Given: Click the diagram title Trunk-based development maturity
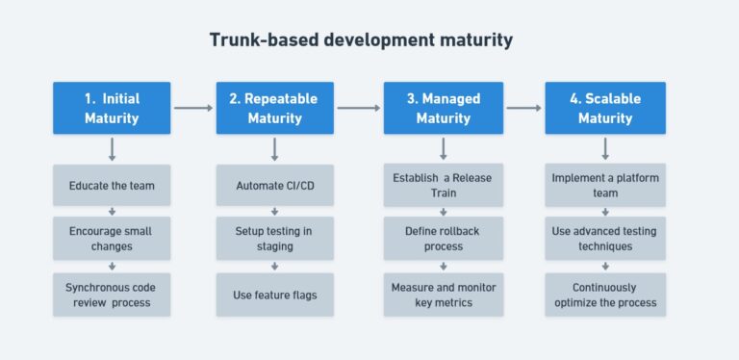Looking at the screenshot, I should [361, 40].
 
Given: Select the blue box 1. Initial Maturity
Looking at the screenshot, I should [112, 108].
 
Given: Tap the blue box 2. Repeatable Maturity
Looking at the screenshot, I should [275, 108].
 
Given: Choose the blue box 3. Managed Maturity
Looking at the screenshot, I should [443, 108].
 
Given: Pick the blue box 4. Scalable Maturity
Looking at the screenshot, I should [604, 108].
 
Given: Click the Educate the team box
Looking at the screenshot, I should [112, 185].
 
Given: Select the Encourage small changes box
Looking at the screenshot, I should [112, 239].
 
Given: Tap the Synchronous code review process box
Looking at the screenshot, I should [112, 295].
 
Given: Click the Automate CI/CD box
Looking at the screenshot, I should [275, 185].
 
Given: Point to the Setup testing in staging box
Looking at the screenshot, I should [275, 239].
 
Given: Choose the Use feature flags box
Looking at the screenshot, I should [275, 295].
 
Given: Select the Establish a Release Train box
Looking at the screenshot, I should [443, 185].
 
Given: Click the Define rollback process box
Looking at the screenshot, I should [443, 239].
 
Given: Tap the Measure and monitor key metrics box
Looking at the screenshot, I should [443, 295].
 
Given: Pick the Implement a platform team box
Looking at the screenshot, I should [604, 185].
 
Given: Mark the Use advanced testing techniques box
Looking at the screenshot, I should [604, 239].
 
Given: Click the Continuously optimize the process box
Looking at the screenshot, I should [604, 295].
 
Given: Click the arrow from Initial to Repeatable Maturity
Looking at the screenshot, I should [193, 108].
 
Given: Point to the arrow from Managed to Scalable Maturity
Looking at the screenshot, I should [523, 108].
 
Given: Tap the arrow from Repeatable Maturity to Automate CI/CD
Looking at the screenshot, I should [275, 149].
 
